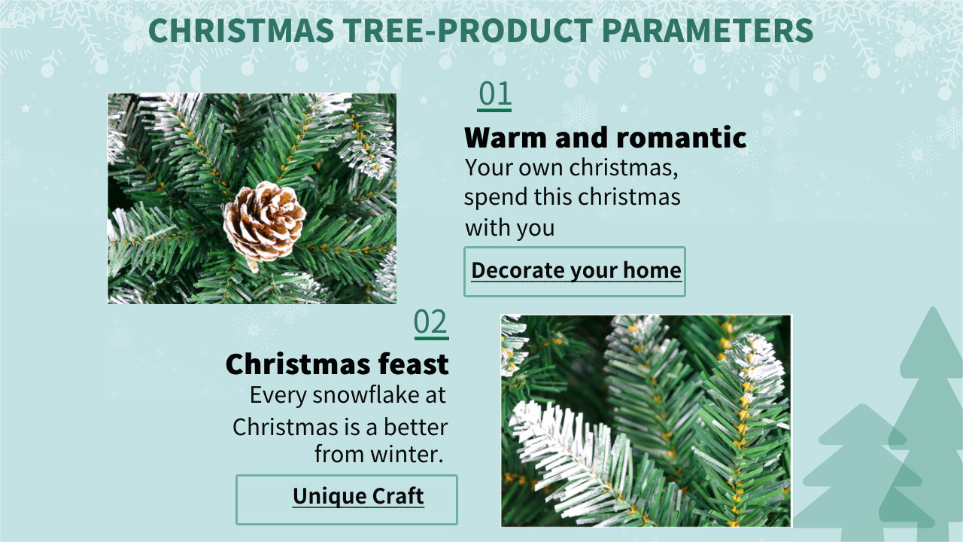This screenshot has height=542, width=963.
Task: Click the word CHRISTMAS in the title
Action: (x=242, y=31)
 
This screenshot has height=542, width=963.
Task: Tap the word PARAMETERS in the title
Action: (x=707, y=31)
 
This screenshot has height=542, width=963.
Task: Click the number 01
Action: (x=494, y=94)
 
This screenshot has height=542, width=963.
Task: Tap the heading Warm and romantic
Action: (x=606, y=138)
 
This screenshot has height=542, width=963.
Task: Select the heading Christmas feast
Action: (x=337, y=364)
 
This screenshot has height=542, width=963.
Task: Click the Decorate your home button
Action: (x=575, y=272)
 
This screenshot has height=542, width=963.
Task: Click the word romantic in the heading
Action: (x=682, y=138)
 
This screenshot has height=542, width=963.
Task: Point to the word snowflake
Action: (x=366, y=395)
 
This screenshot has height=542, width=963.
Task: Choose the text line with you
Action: (x=510, y=228)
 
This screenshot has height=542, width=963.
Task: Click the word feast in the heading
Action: (x=413, y=364)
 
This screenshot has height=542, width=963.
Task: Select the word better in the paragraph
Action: (x=415, y=427)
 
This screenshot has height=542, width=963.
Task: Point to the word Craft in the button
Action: (x=398, y=496)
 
